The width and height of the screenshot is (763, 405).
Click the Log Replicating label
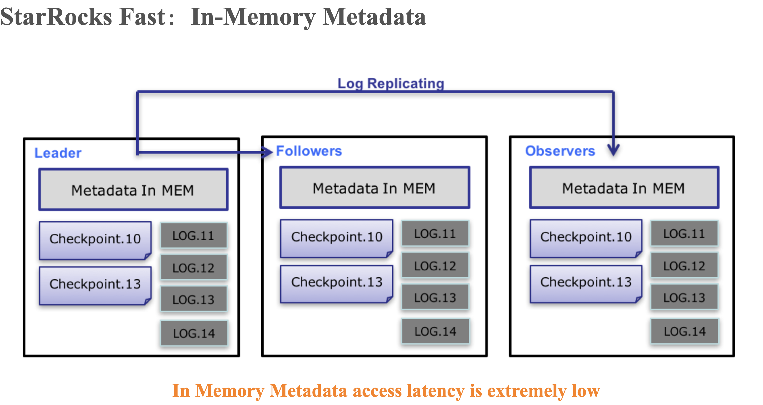click(x=391, y=83)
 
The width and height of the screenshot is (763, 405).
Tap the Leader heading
click(x=58, y=153)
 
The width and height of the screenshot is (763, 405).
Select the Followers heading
click(x=309, y=151)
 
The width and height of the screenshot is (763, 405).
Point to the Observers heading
click(x=560, y=151)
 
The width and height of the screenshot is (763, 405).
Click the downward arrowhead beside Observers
click(x=613, y=150)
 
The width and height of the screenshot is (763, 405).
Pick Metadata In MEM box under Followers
click(x=374, y=188)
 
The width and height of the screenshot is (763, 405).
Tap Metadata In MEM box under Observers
click(x=624, y=188)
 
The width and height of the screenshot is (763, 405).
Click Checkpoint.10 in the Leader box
click(x=95, y=239)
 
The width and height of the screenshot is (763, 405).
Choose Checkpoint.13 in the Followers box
click(x=337, y=282)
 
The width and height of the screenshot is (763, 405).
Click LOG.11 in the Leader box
click(x=194, y=236)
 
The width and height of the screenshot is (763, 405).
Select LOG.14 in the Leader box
click(x=194, y=333)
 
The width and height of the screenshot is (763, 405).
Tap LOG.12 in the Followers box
click(x=435, y=266)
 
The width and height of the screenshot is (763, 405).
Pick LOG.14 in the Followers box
click(x=435, y=332)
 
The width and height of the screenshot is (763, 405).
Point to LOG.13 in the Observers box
click(x=684, y=297)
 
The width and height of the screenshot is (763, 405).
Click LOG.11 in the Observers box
click(x=684, y=234)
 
